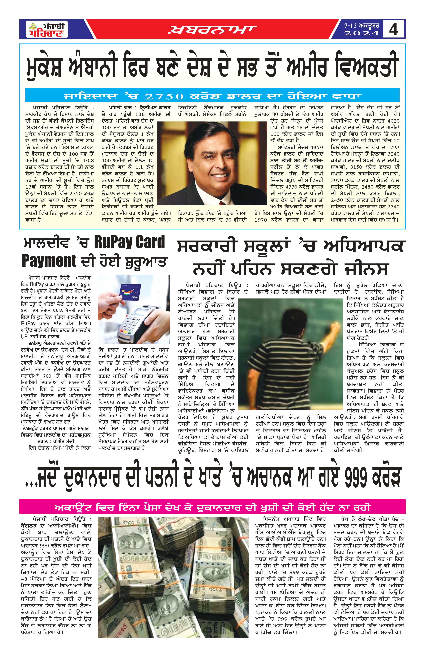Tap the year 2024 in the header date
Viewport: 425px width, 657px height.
click(x=361, y=33)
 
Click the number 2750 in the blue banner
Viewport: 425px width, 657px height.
click(x=164, y=96)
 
